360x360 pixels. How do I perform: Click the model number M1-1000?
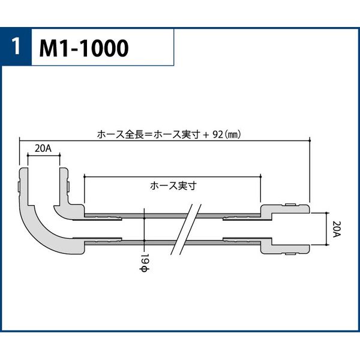(x=84, y=48)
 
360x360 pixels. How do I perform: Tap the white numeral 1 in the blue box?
(x=16, y=47)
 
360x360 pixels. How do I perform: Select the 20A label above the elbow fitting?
(x=43, y=149)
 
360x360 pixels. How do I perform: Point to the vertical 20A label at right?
(x=337, y=229)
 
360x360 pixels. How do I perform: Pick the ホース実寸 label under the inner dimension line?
(x=173, y=186)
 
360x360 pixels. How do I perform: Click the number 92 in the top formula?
(x=218, y=134)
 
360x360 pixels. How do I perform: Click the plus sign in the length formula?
(x=206, y=135)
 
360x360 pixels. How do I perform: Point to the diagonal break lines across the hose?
(x=186, y=229)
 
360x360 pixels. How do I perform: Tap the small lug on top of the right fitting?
(x=290, y=205)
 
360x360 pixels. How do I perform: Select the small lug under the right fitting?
(x=290, y=254)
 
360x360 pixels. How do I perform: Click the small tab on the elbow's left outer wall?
(x=19, y=187)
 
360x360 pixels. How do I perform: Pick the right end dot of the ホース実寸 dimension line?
(x=261, y=176)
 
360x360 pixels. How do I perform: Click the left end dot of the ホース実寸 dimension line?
(x=85, y=176)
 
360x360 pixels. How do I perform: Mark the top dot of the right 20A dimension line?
(x=327, y=213)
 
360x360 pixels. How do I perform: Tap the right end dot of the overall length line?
(x=310, y=140)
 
